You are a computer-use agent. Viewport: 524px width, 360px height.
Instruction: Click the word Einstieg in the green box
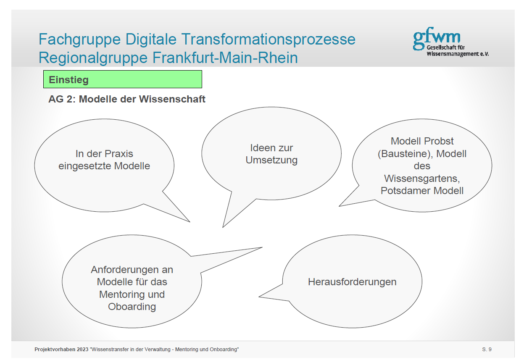click(68, 80)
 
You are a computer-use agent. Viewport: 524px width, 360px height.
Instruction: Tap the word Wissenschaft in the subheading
click(172, 99)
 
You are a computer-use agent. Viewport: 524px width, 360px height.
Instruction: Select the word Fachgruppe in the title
click(79, 39)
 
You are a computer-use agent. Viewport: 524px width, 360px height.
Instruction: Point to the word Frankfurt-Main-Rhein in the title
click(225, 58)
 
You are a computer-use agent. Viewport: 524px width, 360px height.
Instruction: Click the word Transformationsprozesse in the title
click(269, 39)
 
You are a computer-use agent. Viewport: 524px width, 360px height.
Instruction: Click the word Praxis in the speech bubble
click(118, 154)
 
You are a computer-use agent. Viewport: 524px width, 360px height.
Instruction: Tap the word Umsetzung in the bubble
click(271, 160)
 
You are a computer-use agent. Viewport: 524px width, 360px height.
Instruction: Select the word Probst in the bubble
click(439, 141)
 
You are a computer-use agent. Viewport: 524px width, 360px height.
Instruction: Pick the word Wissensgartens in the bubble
click(422, 179)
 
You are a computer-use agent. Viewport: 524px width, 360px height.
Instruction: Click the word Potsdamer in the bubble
click(406, 191)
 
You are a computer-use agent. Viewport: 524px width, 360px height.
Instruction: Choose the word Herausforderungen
click(352, 282)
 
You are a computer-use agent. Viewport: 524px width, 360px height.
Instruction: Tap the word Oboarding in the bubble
click(132, 307)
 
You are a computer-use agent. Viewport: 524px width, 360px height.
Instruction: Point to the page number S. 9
click(487, 349)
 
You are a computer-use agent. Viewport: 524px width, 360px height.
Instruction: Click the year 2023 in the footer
click(82, 349)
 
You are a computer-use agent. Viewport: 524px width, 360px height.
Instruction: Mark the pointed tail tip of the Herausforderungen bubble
click(259, 297)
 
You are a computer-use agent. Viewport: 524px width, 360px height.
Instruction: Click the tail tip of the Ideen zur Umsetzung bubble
click(223, 227)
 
